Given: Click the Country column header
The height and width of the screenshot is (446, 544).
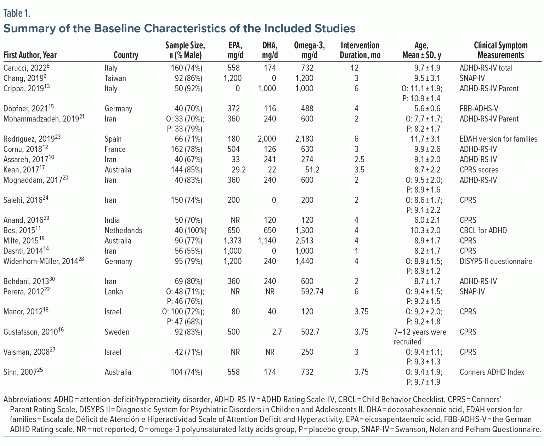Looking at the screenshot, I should [x=126, y=55].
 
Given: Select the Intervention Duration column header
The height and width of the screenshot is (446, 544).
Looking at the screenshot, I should [x=360, y=50].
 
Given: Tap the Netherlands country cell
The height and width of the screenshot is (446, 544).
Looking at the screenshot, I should [x=123, y=230].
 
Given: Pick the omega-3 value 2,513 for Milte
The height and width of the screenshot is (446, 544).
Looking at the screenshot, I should [x=304, y=241].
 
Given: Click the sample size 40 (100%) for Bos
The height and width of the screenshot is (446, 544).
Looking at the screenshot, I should [x=191, y=230].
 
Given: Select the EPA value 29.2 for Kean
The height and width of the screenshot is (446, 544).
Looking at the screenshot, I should [x=238, y=170].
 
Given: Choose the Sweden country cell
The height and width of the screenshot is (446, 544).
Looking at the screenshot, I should [x=117, y=332].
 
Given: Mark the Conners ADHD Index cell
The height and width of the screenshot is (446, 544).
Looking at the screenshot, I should [x=492, y=372].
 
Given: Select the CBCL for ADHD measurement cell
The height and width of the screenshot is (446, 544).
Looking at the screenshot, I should [x=483, y=230].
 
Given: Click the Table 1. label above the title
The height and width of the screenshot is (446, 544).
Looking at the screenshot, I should [x=17, y=13].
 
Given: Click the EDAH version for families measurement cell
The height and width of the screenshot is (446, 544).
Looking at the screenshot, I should [x=498, y=139].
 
